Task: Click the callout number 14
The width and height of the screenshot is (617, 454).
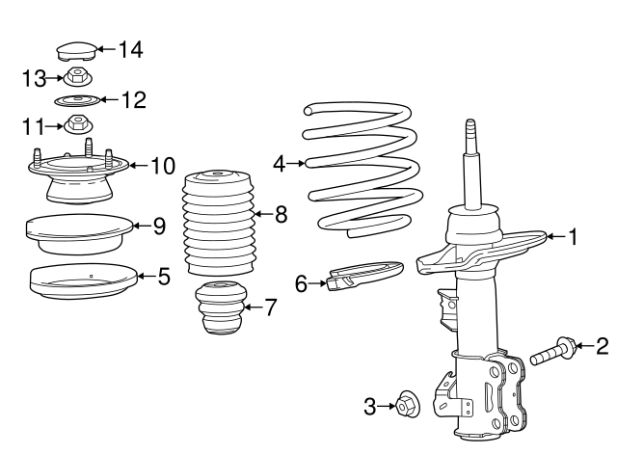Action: coord(129,48)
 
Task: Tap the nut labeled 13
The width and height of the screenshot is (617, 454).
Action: coord(75,77)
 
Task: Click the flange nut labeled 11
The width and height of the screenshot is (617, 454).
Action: coord(76,124)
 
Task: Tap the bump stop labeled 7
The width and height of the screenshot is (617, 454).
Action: coord(219,309)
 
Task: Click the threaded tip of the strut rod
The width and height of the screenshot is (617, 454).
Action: coord(471,130)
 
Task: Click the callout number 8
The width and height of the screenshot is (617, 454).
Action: coord(281,215)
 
